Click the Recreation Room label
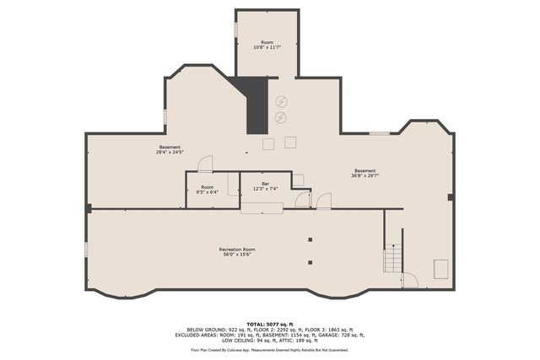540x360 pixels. (x=237, y=250)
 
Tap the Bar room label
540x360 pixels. (x=265, y=184)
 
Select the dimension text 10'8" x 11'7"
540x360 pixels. (x=267, y=47)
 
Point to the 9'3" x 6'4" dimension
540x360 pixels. (x=207, y=192)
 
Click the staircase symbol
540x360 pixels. (x=393, y=258)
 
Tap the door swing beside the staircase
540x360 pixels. (x=410, y=280)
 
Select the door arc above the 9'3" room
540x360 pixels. (x=204, y=164)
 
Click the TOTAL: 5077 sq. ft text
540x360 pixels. (x=270, y=324)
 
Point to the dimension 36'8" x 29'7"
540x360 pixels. (x=365, y=175)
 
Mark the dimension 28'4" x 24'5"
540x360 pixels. (x=170, y=153)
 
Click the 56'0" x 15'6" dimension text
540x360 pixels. (x=237, y=255)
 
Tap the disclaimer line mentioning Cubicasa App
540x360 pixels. (x=270, y=349)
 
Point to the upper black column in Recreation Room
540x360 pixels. (x=310, y=240)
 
